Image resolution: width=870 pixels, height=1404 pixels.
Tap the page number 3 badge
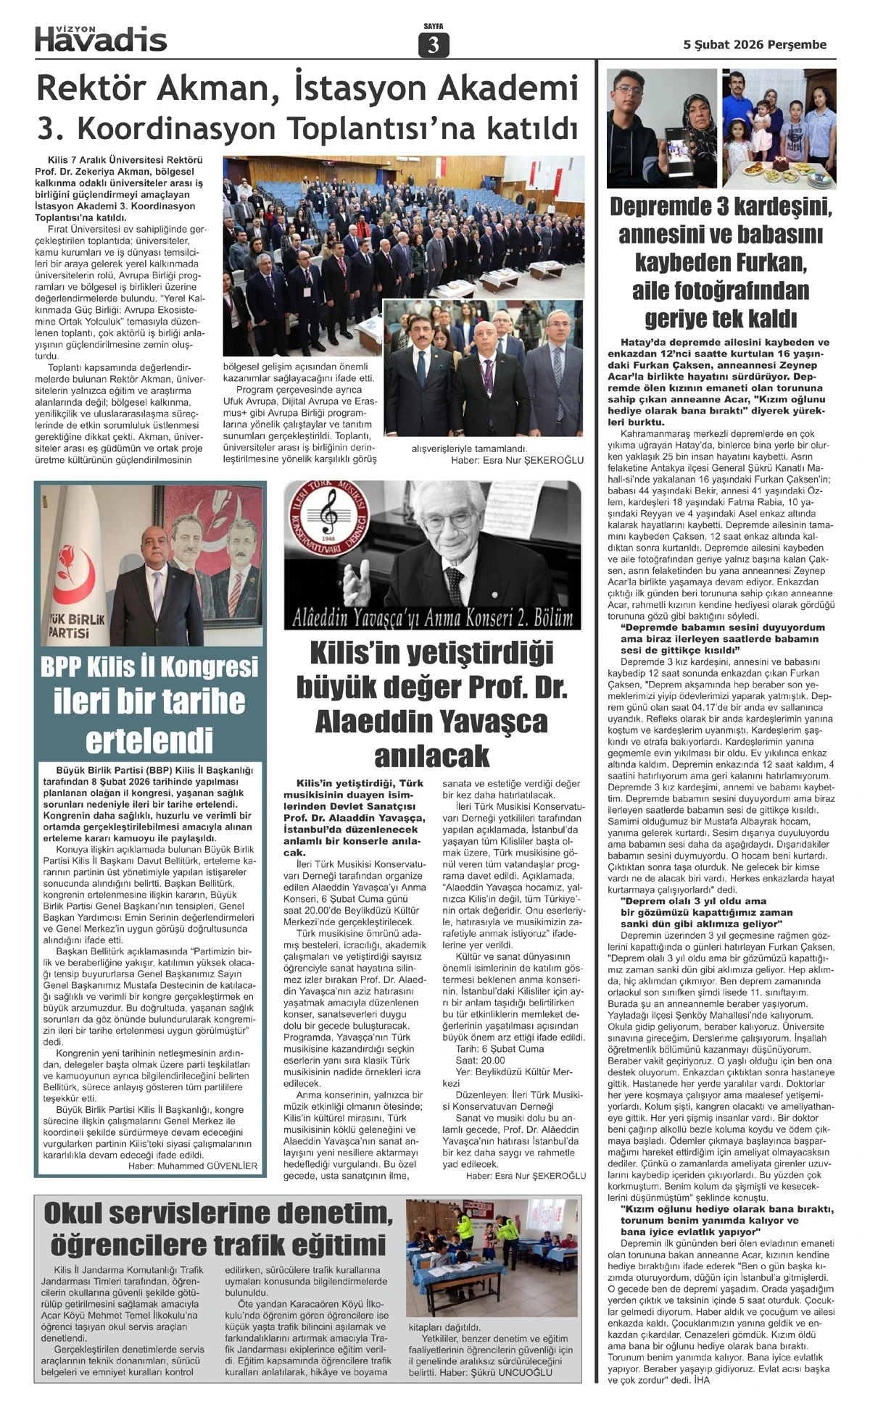coord(434,46)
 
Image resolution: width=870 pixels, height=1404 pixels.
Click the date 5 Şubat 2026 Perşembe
coord(755,45)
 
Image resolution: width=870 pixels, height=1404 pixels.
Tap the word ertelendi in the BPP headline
coord(149,740)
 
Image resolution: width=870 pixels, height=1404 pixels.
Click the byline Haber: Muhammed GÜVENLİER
coord(193,1166)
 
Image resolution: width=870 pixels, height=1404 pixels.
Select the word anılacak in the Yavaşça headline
coord(432,757)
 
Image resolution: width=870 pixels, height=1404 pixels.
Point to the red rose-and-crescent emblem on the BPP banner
coord(72,572)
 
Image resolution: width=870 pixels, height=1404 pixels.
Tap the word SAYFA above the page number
coord(434,26)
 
